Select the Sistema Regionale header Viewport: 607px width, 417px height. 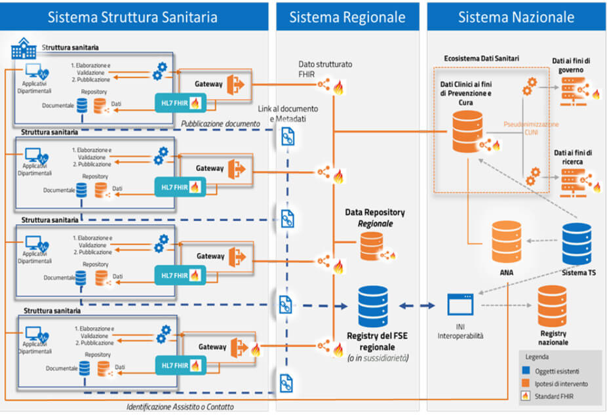347,17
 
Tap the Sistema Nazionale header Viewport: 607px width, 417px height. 516,17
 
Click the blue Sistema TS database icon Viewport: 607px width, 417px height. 577,243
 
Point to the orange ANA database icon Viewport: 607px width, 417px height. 505,243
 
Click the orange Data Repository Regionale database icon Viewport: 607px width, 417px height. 371,247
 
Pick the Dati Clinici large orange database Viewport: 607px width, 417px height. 467,131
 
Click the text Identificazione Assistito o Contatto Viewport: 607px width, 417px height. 180,407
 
